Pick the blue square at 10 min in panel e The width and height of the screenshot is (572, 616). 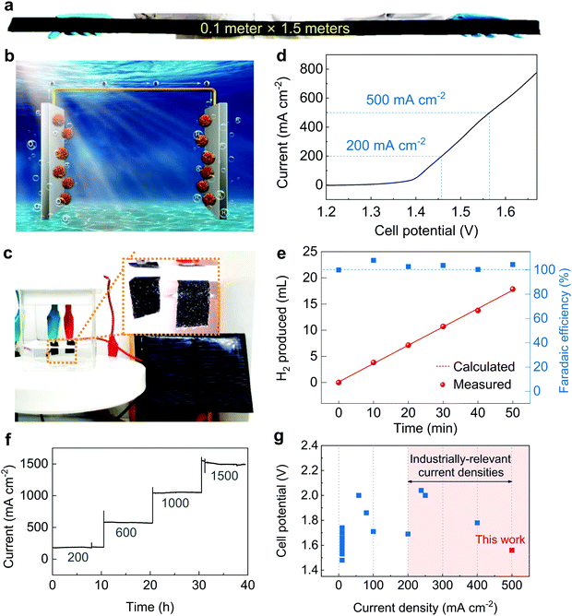(x=373, y=261)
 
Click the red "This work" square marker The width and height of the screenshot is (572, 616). (x=512, y=551)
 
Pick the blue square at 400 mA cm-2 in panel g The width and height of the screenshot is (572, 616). (x=477, y=523)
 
